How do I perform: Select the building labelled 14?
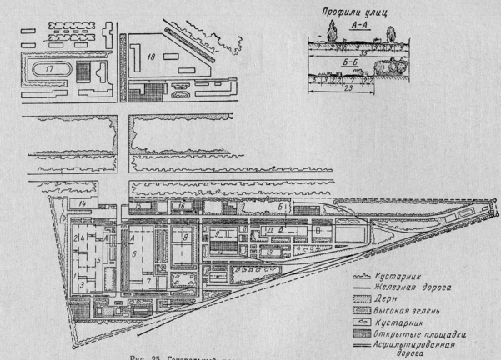pyautogui.click(x=83, y=203)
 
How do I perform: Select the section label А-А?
pyautogui.click(x=360, y=27)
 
